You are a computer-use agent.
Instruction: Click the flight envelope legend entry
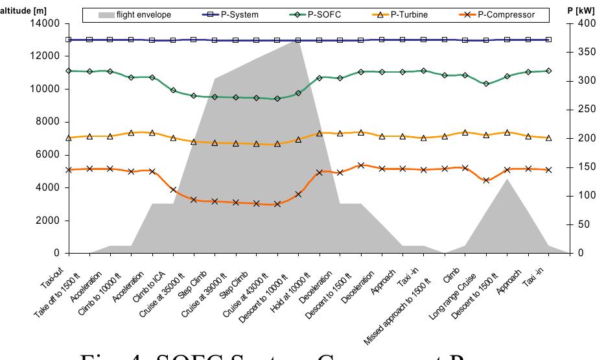tap(136, 14)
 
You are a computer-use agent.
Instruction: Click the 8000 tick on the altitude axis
tap(49, 122)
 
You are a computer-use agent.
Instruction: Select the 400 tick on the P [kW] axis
tap(583, 23)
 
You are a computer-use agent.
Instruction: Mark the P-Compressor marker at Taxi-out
tap(69, 170)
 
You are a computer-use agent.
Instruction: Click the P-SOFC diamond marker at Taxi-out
tap(69, 71)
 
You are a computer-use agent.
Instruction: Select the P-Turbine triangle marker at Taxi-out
tap(69, 138)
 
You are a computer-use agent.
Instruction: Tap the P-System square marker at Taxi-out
tap(69, 40)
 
